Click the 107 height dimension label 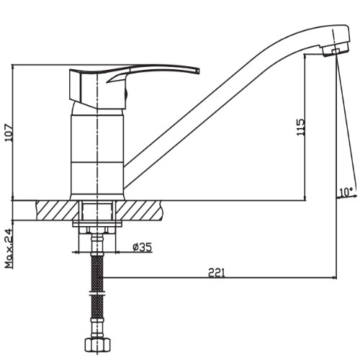click(9, 132)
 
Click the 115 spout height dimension click(301, 127)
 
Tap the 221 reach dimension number click(217, 273)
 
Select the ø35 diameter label click(143, 247)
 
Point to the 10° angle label click(346, 192)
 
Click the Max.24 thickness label click(9, 249)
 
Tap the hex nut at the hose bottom click(97, 345)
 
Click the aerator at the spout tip click(335, 51)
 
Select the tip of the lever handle click(199, 70)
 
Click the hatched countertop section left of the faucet click(57, 210)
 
